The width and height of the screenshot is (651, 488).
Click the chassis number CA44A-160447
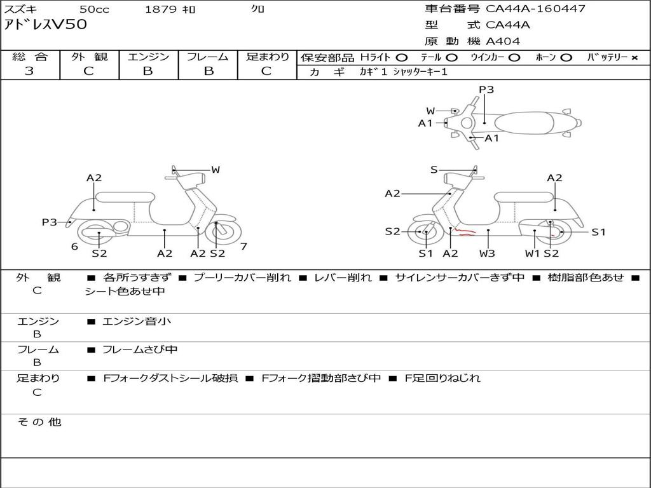[535, 9]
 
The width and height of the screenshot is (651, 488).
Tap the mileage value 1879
[160, 10]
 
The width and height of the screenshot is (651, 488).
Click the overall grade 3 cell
[29, 71]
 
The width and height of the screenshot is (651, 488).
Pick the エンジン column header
[148, 57]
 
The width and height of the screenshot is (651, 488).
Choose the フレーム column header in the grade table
[207, 57]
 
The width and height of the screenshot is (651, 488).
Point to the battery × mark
[634, 57]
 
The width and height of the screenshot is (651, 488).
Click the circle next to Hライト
[401, 57]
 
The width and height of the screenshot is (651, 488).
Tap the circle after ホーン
[566, 57]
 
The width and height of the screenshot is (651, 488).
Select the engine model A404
[503, 41]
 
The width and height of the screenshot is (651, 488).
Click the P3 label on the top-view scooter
[486, 90]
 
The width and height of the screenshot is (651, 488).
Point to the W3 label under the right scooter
[488, 254]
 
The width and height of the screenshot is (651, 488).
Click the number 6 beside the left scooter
[74, 247]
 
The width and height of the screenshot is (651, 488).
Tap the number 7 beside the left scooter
[244, 247]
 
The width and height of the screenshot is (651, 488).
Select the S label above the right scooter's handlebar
[434, 170]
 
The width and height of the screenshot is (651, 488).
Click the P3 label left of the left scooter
[50, 222]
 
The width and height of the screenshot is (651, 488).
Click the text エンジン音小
[137, 322]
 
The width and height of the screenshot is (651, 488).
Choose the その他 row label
[39, 422]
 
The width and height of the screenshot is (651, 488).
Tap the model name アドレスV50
[46, 25]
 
